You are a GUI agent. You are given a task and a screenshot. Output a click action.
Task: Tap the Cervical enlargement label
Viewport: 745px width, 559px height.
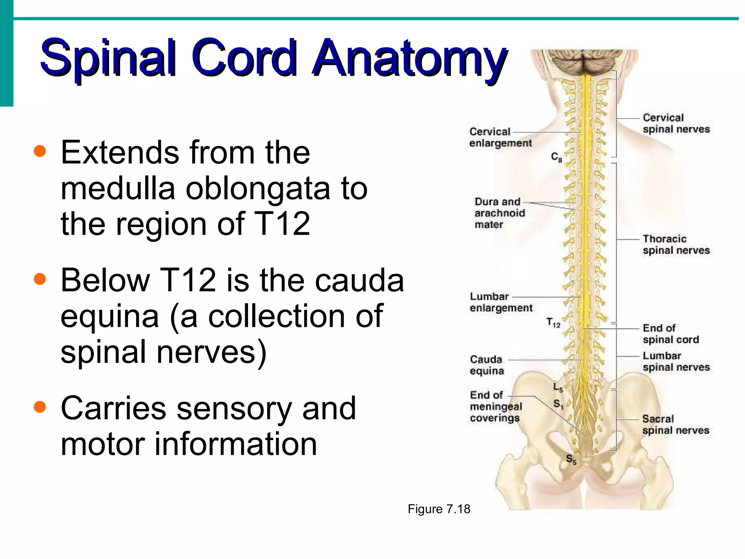click(500, 137)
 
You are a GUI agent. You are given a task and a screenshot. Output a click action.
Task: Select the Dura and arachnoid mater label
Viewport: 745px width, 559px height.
click(499, 213)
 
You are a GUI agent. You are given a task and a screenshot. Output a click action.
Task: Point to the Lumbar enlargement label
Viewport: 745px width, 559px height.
click(501, 302)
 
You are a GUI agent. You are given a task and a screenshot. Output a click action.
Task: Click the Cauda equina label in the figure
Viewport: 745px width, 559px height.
click(486, 365)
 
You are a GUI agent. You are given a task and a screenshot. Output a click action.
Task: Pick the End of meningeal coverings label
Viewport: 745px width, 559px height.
click(495, 407)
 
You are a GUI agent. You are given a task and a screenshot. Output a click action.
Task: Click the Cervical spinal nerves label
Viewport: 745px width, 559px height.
click(676, 123)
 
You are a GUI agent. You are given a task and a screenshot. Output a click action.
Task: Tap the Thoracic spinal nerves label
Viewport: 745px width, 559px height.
click(676, 245)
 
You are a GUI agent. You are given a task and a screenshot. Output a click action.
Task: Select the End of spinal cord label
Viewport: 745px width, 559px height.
click(670, 334)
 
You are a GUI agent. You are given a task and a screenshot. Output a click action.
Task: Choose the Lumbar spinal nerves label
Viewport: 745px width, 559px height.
click(676, 361)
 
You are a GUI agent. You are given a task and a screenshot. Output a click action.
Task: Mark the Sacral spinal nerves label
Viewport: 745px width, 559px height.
click(675, 425)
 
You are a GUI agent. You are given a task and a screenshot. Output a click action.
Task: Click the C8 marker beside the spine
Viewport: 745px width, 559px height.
click(556, 157)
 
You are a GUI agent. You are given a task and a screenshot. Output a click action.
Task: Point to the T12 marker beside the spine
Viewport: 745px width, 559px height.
click(553, 322)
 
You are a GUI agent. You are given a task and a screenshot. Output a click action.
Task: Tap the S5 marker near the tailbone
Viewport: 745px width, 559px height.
click(571, 459)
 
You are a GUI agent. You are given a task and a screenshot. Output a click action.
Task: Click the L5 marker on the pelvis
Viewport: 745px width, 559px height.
click(558, 387)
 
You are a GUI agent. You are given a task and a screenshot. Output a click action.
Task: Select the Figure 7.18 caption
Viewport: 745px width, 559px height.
click(439, 509)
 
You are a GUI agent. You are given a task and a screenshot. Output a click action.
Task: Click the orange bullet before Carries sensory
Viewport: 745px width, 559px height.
click(40, 407)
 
